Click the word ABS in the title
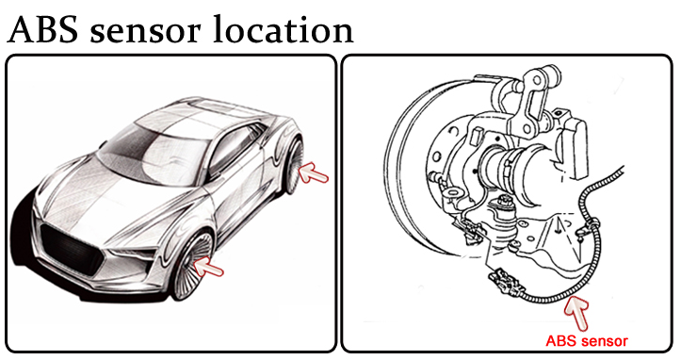pos(42,29)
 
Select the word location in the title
pos(283,29)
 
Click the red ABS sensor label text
pos(586,341)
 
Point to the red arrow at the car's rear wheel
pos(314,172)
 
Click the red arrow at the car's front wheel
pos(208,266)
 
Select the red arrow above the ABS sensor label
pos(577,312)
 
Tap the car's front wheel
pos(191,266)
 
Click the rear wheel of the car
pos(294,164)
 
